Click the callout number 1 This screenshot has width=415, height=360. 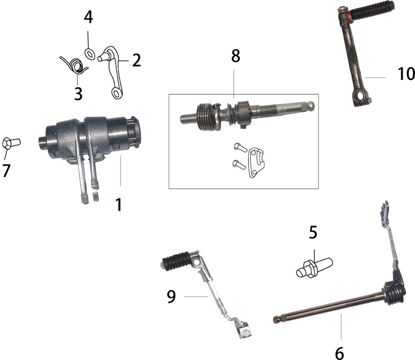(119, 205)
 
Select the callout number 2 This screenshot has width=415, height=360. (137, 61)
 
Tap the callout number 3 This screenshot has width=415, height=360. (79, 94)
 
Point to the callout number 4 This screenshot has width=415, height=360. (89, 17)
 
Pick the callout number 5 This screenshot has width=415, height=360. (313, 233)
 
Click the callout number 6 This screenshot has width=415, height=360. (339, 353)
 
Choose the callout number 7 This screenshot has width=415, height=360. (6, 170)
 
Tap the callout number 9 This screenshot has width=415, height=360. (172, 297)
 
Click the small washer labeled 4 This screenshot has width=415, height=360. (90, 54)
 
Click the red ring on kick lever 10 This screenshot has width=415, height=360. (351, 14)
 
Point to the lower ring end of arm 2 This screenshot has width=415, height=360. (117, 93)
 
